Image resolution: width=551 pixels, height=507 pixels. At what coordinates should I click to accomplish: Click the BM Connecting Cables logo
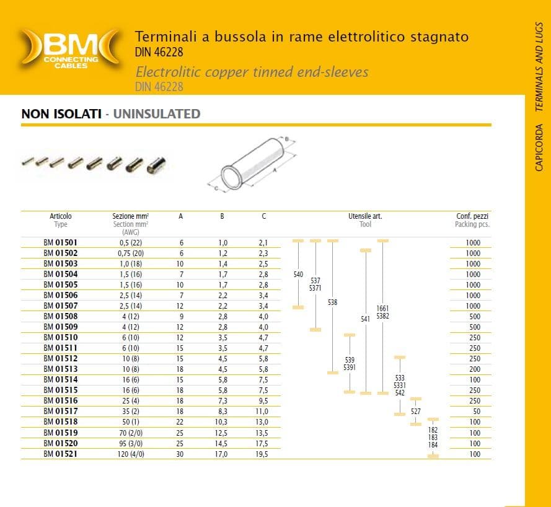click(70, 48)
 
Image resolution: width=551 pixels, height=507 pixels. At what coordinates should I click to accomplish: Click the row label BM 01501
click(61, 242)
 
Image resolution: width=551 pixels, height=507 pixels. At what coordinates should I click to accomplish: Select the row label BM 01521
click(61, 454)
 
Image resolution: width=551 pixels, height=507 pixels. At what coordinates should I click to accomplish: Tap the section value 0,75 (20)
click(131, 254)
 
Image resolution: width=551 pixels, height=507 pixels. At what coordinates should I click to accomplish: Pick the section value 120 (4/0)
click(131, 454)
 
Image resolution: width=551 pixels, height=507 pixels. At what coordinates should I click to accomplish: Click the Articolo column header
click(61, 216)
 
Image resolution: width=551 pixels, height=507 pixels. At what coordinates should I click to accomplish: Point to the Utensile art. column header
click(365, 216)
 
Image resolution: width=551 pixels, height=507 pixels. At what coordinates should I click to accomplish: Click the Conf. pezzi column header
click(472, 216)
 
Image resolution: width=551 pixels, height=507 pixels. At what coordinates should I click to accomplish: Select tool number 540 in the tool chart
click(298, 275)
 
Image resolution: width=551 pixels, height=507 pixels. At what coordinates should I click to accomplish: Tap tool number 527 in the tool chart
click(416, 412)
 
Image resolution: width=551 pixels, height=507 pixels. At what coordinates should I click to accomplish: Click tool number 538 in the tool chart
click(332, 302)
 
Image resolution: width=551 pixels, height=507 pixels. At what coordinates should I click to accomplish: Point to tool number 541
click(366, 319)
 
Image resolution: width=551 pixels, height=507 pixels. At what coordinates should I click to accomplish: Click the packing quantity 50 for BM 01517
click(477, 412)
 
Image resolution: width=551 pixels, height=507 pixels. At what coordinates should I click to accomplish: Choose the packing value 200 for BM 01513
click(475, 369)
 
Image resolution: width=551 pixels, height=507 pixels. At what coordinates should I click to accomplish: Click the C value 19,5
click(262, 454)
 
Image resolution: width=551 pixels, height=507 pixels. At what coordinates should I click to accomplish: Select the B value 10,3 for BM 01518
click(221, 422)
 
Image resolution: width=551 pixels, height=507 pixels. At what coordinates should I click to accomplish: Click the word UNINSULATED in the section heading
click(157, 114)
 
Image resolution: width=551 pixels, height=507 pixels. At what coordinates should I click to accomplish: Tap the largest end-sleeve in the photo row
click(156, 165)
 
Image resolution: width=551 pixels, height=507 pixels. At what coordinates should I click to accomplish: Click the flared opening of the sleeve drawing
click(232, 178)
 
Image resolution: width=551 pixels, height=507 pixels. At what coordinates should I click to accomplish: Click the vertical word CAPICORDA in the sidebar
click(539, 148)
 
